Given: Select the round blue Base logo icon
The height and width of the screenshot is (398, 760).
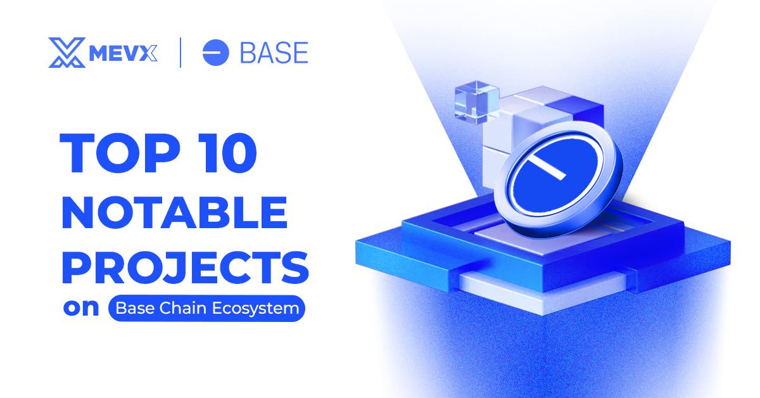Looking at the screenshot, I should [215, 53].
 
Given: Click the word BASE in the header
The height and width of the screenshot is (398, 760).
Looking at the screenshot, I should [274, 53].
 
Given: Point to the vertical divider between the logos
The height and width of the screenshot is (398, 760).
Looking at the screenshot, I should [182, 53].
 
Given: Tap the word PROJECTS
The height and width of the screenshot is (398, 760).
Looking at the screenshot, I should [184, 267].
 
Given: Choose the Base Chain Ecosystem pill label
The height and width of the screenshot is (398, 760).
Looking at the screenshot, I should [206, 309].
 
